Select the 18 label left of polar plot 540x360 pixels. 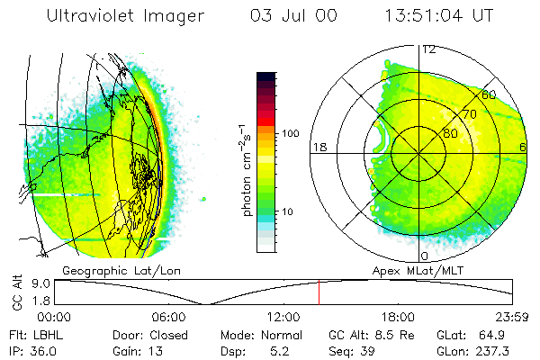point(317,147)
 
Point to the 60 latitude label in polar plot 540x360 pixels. point(490,94)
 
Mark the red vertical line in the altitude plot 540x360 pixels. point(319,292)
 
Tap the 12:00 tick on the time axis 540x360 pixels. point(283,317)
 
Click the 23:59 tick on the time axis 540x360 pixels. point(513,317)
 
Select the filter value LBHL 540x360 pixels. point(45,333)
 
